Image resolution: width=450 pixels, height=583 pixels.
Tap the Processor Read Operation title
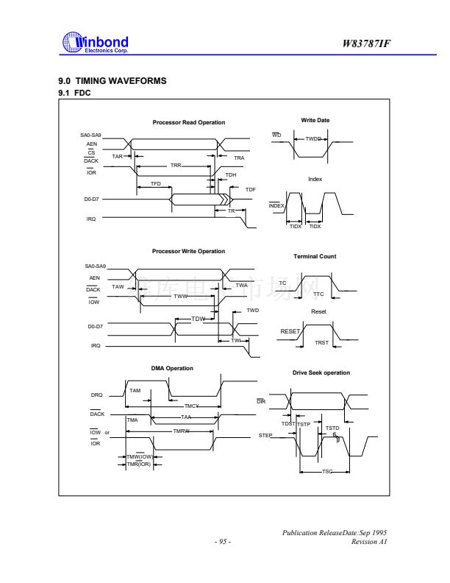coord(189,122)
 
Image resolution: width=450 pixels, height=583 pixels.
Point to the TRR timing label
coord(176,166)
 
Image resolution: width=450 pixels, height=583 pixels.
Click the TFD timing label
coord(156,183)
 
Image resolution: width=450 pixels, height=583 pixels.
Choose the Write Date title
coord(314,119)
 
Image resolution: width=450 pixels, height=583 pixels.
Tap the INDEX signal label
coord(276,205)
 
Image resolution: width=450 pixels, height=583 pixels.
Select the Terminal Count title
coord(315,256)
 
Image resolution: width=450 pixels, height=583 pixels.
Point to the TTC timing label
coord(318,294)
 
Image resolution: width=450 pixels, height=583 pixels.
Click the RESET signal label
coord(290,331)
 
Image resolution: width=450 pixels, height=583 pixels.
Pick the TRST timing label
coord(321,342)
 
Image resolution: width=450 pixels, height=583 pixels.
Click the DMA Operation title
coord(172,368)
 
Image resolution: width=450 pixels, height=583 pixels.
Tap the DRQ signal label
coord(96,395)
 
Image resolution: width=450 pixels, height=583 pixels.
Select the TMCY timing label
coord(191,406)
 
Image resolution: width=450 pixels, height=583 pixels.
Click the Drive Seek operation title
coord(321,372)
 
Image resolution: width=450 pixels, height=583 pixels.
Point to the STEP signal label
coord(265,437)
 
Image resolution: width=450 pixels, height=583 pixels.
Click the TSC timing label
coord(327,481)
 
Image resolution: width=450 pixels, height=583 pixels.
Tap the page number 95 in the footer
coord(222,543)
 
